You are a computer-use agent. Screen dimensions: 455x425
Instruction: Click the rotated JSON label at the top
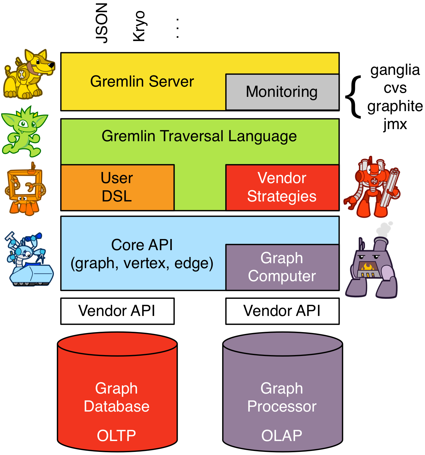pyautogui.click(x=102, y=23)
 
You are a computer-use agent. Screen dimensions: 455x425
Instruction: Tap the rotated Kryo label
pyautogui.click(x=139, y=26)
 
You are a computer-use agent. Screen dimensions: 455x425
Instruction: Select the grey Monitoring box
pyautogui.click(x=282, y=92)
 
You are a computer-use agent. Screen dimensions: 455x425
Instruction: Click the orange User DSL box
pyautogui.click(x=117, y=187)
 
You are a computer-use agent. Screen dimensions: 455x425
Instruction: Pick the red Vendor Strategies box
pyautogui.click(x=282, y=187)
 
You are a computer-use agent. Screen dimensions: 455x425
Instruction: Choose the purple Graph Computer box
pyautogui.click(x=282, y=267)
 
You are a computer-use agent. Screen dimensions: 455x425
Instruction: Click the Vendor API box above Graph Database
pyautogui.click(x=117, y=311)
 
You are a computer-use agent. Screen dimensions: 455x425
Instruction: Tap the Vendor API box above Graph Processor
pyautogui.click(x=282, y=311)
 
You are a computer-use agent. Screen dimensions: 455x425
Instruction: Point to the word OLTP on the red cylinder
pyautogui.click(x=117, y=435)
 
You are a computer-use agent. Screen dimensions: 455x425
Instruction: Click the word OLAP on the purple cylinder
pyautogui.click(x=282, y=435)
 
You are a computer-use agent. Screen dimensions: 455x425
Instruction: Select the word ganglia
pyautogui.click(x=395, y=70)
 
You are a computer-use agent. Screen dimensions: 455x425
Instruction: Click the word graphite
pyautogui.click(x=395, y=106)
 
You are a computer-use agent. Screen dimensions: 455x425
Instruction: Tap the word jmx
pyautogui.click(x=395, y=124)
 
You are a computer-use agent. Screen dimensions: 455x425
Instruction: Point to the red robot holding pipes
pyautogui.click(x=372, y=188)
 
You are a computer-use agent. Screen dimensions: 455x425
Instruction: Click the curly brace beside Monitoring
pyautogui.click(x=354, y=97)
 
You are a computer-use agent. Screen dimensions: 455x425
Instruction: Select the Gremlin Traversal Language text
pyautogui.click(x=199, y=136)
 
